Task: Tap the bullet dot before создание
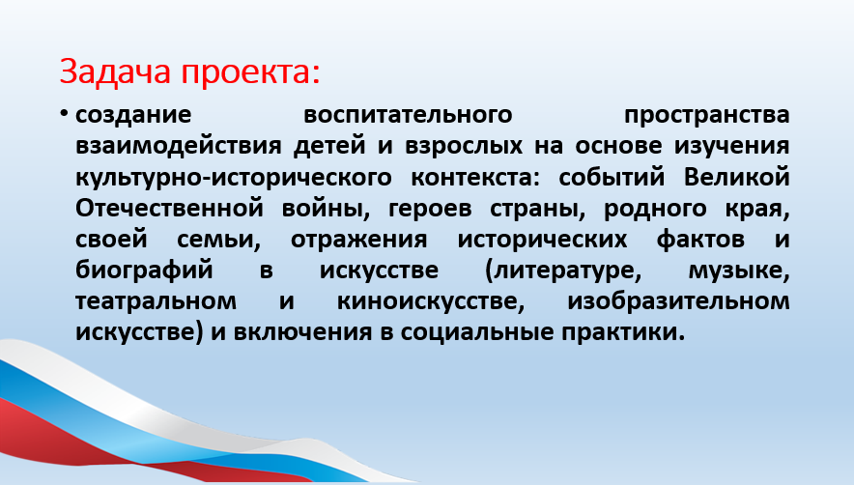pyautogui.click(x=65, y=113)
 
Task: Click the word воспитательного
pyautogui.click(x=408, y=115)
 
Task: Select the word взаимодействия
pyautogui.click(x=178, y=146)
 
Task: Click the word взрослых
pyautogui.click(x=464, y=147)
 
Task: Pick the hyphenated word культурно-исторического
pyautogui.click(x=234, y=178)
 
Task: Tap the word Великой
pyautogui.click(x=737, y=177)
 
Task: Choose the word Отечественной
pyautogui.click(x=169, y=208)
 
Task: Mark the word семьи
pyautogui.click(x=219, y=241)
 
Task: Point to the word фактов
pyautogui.click(x=700, y=240)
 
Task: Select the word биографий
pyautogui.click(x=144, y=271)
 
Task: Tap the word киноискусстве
pyautogui.click(x=431, y=301)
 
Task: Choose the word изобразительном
pyautogui.click(x=678, y=301)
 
